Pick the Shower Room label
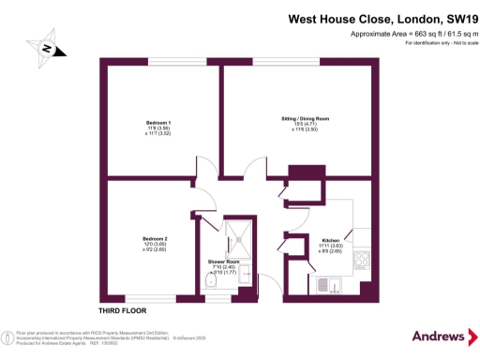tap(224, 262)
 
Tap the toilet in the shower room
tap(209, 283)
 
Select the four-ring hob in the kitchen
tap(361, 262)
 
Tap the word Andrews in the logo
tap(439, 337)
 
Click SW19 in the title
tap(451, 16)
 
